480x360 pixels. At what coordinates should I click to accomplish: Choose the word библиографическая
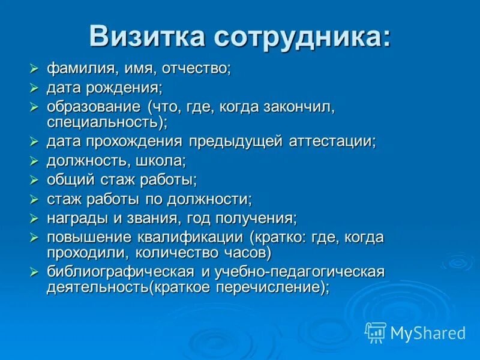coord(120,272)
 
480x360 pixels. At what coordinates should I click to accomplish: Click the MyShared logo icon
coord(376,332)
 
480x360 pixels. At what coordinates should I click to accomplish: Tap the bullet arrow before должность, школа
coord(34,161)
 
